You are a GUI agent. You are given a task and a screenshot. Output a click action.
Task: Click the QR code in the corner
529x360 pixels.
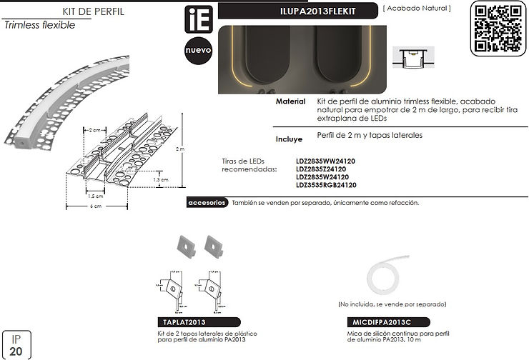[498, 28]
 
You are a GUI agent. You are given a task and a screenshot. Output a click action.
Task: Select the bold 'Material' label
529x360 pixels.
[292, 102]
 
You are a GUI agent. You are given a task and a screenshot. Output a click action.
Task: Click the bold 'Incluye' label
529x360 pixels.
[292, 139]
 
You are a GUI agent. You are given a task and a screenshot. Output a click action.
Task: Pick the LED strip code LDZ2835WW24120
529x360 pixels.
[325, 162]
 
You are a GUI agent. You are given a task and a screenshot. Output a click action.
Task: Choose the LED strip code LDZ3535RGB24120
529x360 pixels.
[326, 185]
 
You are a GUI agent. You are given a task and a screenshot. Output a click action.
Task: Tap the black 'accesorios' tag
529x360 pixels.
[207, 203]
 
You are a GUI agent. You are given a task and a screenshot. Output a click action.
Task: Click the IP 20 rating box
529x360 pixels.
[16, 345]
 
